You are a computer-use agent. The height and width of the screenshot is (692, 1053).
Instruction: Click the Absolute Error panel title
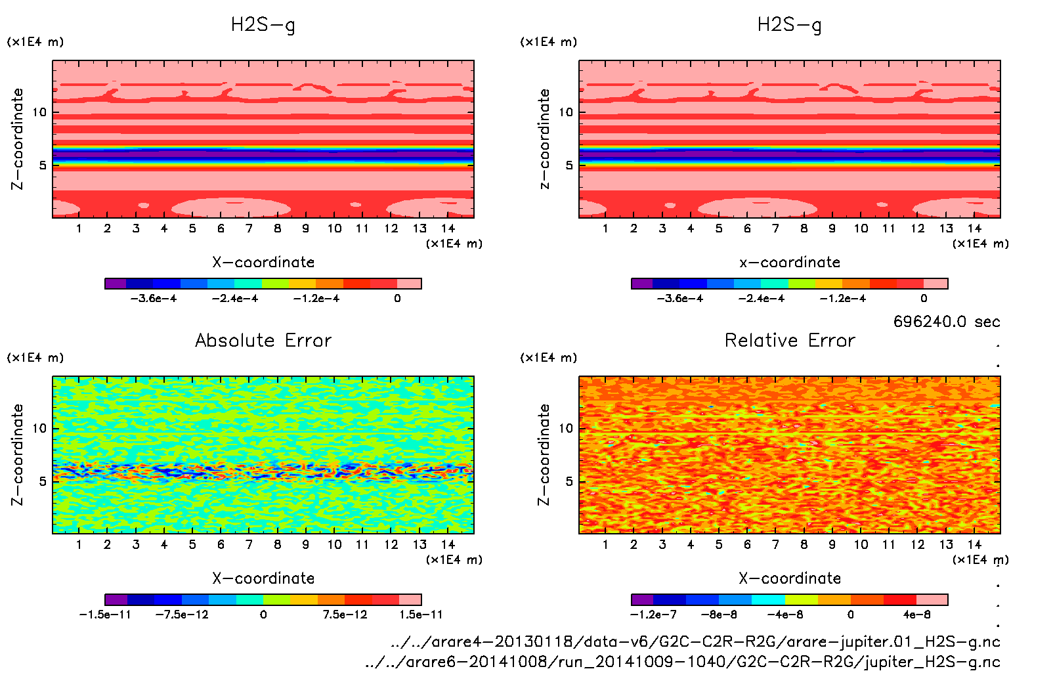click(x=263, y=340)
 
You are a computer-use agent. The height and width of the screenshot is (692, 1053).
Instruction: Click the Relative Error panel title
click(x=790, y=340)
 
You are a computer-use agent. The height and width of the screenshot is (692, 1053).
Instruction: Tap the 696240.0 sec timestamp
click(x=946, y=322)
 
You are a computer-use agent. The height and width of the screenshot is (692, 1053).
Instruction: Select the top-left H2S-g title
click(x=263, y=25)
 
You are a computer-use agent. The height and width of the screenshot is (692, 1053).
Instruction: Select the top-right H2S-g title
click(x=789, y=25)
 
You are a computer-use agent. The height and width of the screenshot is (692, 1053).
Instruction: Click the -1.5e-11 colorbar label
click(x=105, y=615)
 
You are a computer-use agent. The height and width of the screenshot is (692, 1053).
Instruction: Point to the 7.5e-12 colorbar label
click(x=345, y=615)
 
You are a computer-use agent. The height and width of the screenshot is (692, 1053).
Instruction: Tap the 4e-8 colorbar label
click(x=916, y=615)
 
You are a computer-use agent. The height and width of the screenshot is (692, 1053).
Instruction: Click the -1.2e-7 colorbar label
click(x=653, y=615)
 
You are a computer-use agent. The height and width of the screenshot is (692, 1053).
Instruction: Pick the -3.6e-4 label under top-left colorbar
click(x=154, y=298)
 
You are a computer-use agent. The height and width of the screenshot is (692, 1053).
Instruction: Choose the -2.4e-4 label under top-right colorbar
click(x=762, y=298)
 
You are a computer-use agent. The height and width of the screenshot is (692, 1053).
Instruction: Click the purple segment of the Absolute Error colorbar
click(x=116, y=599)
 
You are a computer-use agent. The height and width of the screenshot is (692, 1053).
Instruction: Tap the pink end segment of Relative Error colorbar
click(x=932, y=599)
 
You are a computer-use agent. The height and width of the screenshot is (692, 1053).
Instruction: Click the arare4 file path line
click(x=695, y=641)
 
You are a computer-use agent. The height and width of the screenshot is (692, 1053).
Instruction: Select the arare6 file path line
click(x=683, y=662)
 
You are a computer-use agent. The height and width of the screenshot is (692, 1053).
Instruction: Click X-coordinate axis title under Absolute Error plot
click(x=263, y=578)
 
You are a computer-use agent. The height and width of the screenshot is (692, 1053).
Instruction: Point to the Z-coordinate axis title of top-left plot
click(x=17, y=139)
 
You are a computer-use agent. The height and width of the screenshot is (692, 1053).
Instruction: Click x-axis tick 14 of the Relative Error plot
click(x=974, y=544)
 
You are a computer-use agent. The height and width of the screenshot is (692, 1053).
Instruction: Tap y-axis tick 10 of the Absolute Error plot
click(x=39, y=429)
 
